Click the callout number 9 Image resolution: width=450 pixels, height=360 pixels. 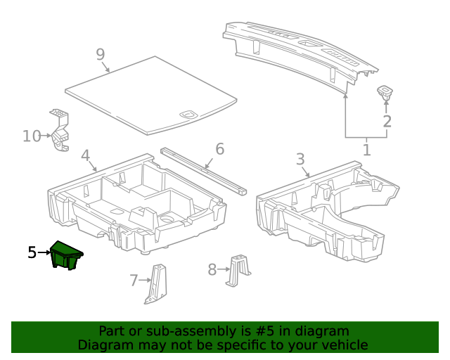pos(101,54)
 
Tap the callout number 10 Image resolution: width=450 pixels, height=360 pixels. pos(32,136)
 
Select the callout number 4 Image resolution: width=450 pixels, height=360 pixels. pos(85,155)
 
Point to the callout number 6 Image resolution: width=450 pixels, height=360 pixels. pos(219,148)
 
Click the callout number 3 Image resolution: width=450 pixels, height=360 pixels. pos(300,159)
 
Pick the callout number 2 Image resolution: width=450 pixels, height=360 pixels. pos(387,122)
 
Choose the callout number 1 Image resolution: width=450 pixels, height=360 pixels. pos(366,149)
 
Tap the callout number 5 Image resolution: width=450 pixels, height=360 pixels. pos(32,252)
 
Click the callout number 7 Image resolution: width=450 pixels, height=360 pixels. pos(134,281)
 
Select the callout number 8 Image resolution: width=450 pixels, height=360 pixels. pos(212,269)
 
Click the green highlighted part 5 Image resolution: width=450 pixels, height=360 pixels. pos(66,255)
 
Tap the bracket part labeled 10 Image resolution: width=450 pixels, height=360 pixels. pos(60,130)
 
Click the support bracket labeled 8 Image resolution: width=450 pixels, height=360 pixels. pos(238,270)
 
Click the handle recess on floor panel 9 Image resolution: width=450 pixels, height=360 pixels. pos(188,113)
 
